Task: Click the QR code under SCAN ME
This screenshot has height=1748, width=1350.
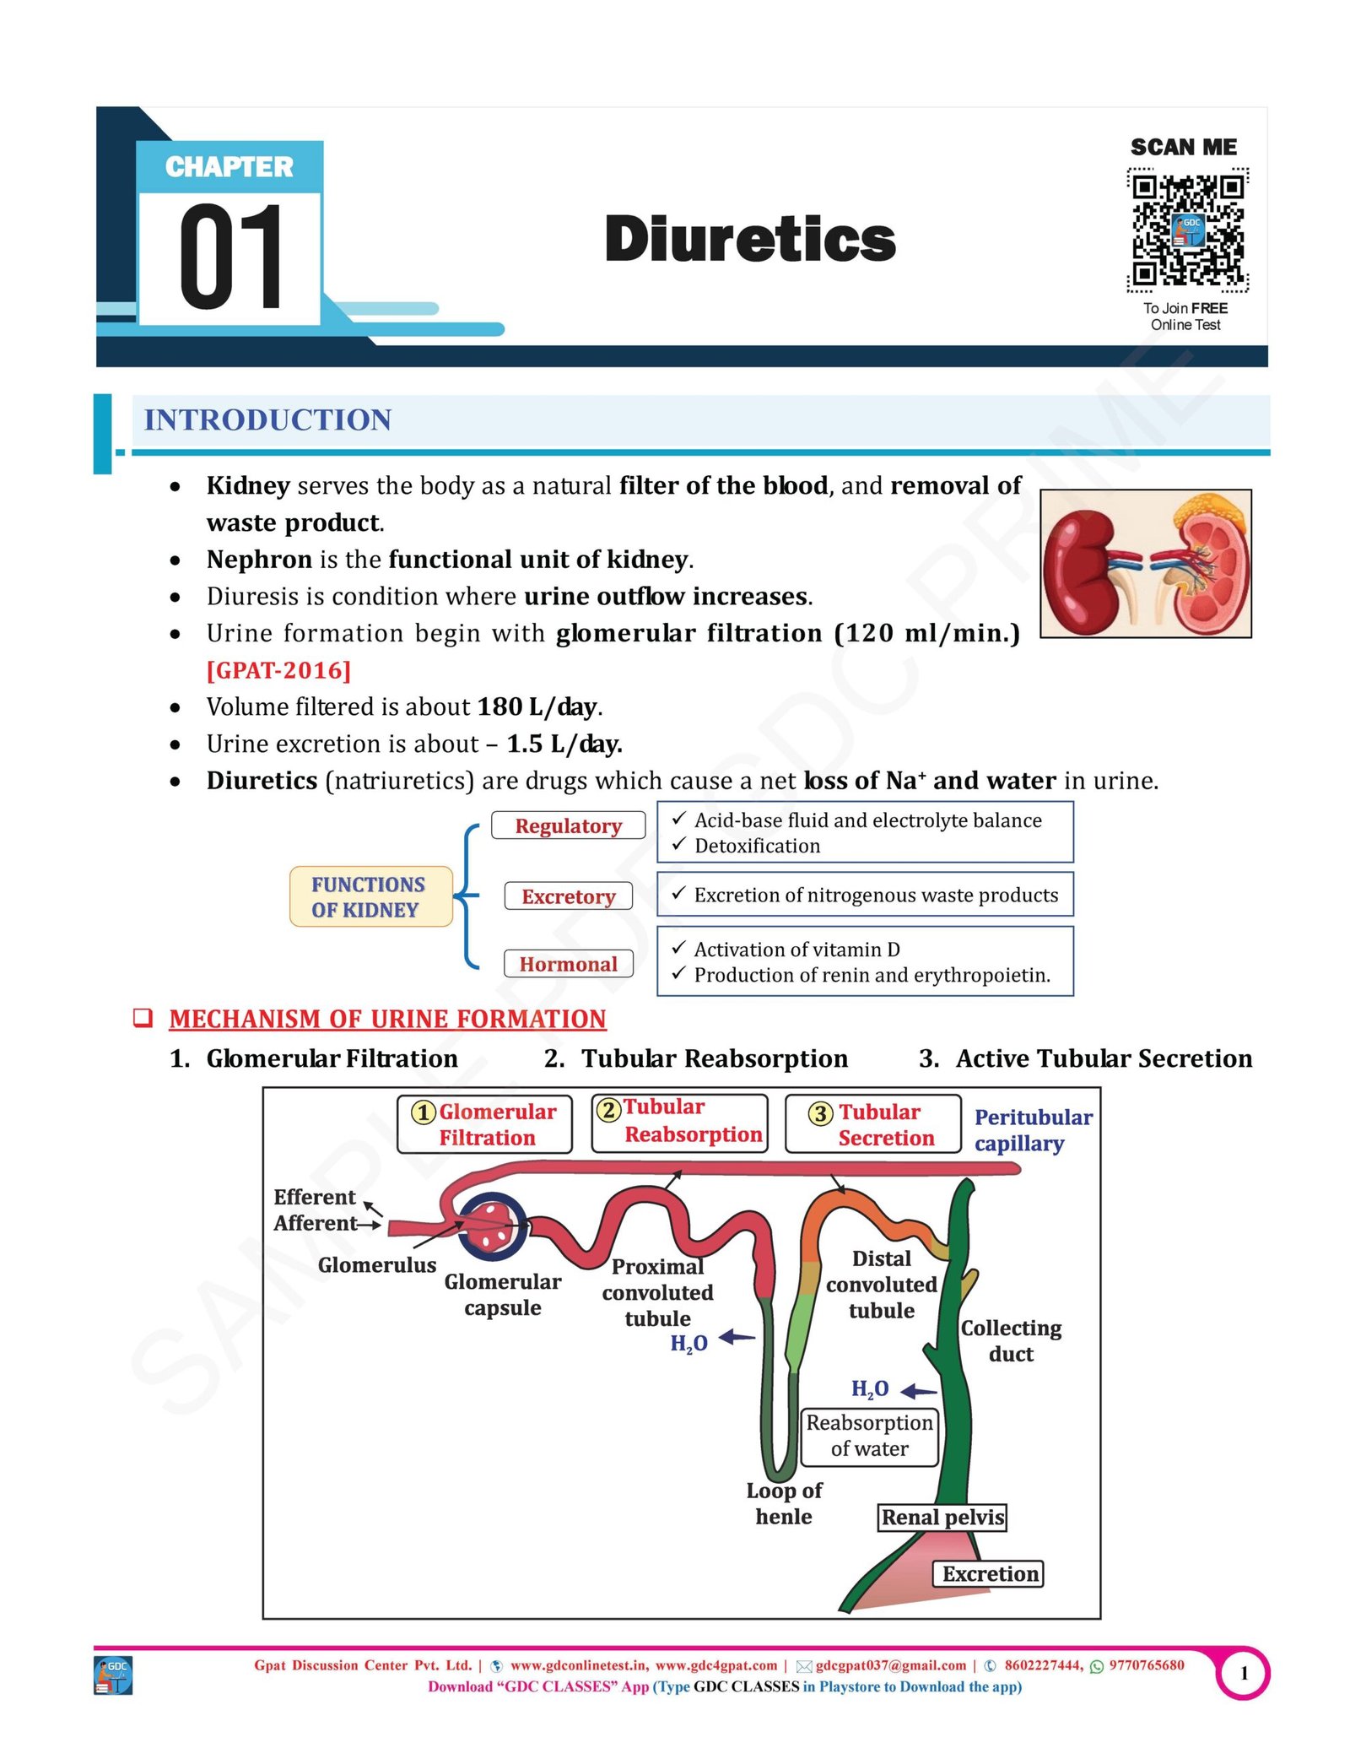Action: (1186, 229)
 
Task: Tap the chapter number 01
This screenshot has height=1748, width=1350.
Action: (231, 257)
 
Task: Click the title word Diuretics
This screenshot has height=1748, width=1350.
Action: (750, 239)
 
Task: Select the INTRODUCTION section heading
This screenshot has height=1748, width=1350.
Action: (267, 419)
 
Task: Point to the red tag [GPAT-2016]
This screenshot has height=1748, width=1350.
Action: (278, 670)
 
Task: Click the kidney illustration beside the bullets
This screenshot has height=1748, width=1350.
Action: (1145, 563)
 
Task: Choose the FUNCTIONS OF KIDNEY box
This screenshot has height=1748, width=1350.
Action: (370, 896)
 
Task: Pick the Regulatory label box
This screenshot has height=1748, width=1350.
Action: (569, 825)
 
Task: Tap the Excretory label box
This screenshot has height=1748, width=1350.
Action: (569, 896)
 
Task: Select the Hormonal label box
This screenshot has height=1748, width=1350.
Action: (569, 964)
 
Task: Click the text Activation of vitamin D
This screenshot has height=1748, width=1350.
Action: (796, 950)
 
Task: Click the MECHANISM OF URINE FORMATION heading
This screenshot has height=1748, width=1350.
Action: (387, 1019)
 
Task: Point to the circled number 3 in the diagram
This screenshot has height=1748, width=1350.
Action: (820, 1113)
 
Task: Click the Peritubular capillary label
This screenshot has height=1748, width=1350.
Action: (1033, 1130)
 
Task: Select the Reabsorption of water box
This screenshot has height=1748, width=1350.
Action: (869, 1436)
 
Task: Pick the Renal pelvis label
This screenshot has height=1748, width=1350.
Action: (942, 1518)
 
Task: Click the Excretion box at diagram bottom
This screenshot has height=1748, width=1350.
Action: (988, 1574)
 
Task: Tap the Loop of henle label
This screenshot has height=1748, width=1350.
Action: (784, 1503)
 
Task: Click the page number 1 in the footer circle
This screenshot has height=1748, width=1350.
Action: (1244, 1673)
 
